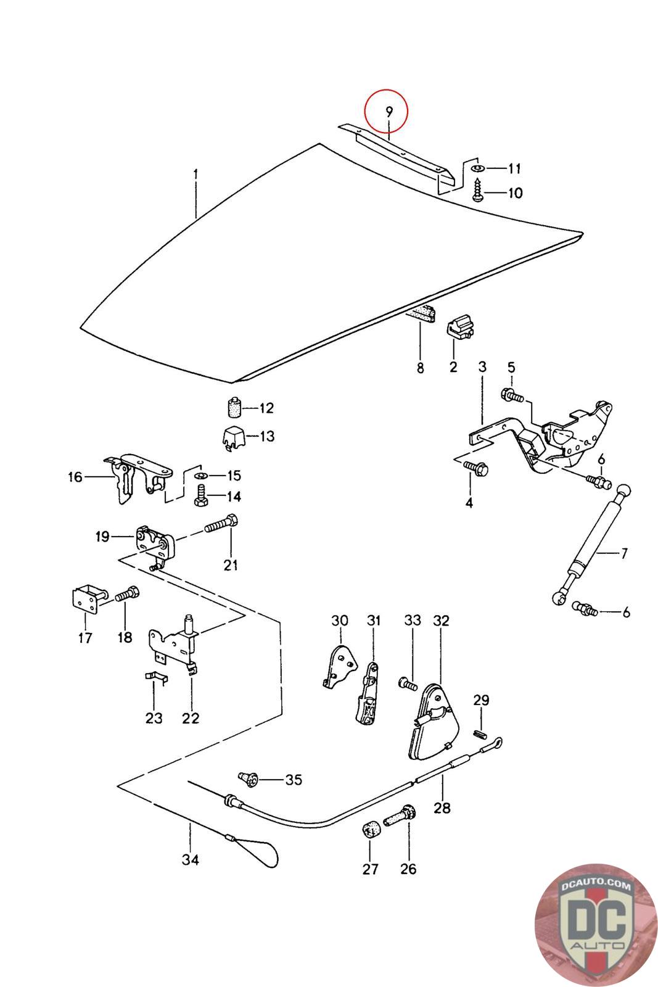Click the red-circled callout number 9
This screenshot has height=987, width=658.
(389, 112)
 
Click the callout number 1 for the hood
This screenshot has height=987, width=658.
(195, 175)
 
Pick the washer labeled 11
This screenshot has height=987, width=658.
(478, 168)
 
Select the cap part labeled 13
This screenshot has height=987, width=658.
(232, 437)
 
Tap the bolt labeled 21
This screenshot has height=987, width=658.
(218, 526)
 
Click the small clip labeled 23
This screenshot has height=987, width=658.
(156, 678)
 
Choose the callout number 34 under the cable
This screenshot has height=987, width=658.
(191, 859)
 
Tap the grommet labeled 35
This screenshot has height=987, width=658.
(250, 779)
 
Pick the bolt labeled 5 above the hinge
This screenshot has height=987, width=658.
(512, 394)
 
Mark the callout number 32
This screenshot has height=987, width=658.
(442, 620)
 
